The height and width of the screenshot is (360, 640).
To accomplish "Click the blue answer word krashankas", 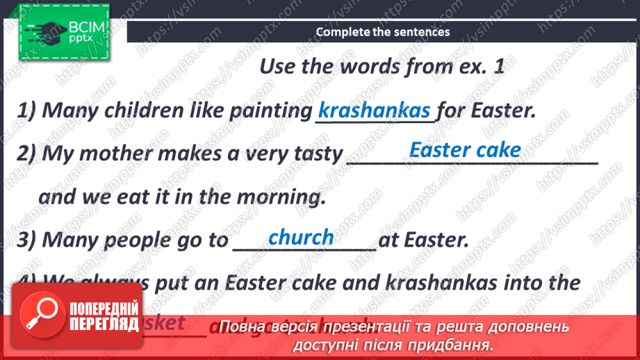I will tap(375, 111).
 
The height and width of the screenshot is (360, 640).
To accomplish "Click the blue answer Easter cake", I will tap(465, 149).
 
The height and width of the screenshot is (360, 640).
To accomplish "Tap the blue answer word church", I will tap(301, 237).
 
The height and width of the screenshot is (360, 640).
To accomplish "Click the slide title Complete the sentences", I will tap(383, 32).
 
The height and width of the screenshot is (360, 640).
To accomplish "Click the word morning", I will tap(281, 197).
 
